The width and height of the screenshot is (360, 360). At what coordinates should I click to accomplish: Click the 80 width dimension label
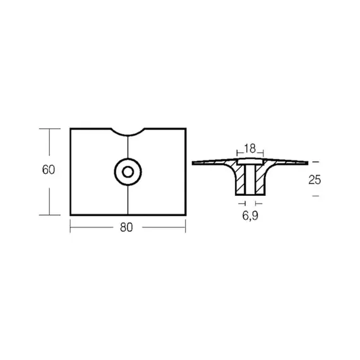click(x=128, y=228)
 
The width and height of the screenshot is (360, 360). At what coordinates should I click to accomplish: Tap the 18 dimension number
click(x=249, y=149)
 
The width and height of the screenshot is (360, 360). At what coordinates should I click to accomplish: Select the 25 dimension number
click(x=315, y=179)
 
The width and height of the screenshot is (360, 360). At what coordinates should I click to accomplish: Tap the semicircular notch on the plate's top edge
click(x=128, y=131)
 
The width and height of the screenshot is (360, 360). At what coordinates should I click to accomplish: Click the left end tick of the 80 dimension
click(x=69, y=227)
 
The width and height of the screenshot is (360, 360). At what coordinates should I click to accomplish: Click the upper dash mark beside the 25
click(x=315, y=162)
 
